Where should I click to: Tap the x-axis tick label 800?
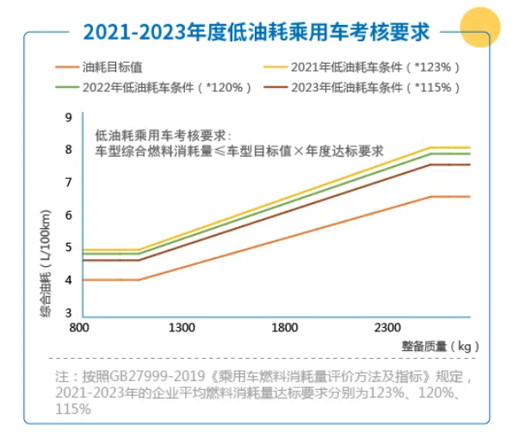click(79, 328)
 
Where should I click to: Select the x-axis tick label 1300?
click(182, 328)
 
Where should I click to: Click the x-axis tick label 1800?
click(284, 328)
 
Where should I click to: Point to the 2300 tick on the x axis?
click(387, 328)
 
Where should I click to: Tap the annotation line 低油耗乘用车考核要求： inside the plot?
click(164, 135)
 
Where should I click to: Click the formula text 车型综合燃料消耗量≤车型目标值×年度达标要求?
click(238, 151)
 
